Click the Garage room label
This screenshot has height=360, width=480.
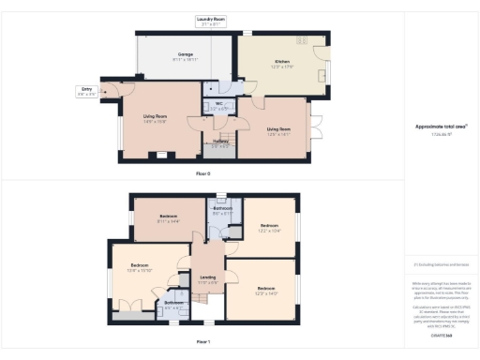click(186, 56)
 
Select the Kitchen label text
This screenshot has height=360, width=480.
click(282, 62)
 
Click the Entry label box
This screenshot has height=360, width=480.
click(86, 92)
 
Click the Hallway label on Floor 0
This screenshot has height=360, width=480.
click(220, 143)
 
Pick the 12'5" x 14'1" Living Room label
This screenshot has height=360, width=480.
click(278, 131)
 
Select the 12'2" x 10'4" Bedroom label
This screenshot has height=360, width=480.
click(269, 229)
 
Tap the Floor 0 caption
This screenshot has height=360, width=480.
click(202, 173)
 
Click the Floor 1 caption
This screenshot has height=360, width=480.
click(202, 343)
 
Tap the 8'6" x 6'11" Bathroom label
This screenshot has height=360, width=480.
click(221, 212)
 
